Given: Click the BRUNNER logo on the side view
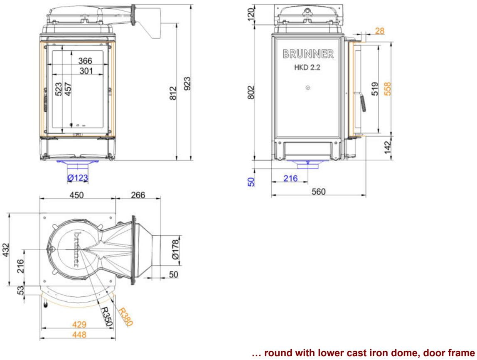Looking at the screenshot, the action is coord(308,54).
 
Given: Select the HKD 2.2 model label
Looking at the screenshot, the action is coord(307,67).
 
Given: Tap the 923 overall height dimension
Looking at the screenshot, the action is coord(187,84).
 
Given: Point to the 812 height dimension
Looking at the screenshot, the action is coord(173,93).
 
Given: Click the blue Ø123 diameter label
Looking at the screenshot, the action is coord(78,178).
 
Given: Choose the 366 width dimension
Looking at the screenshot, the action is coord(85,61).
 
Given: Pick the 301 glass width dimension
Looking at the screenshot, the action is coord(86,71).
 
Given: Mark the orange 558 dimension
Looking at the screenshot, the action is coord(387,89).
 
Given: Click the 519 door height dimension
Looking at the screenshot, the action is coord(375,89).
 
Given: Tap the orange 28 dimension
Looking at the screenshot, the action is coord(380,31).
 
